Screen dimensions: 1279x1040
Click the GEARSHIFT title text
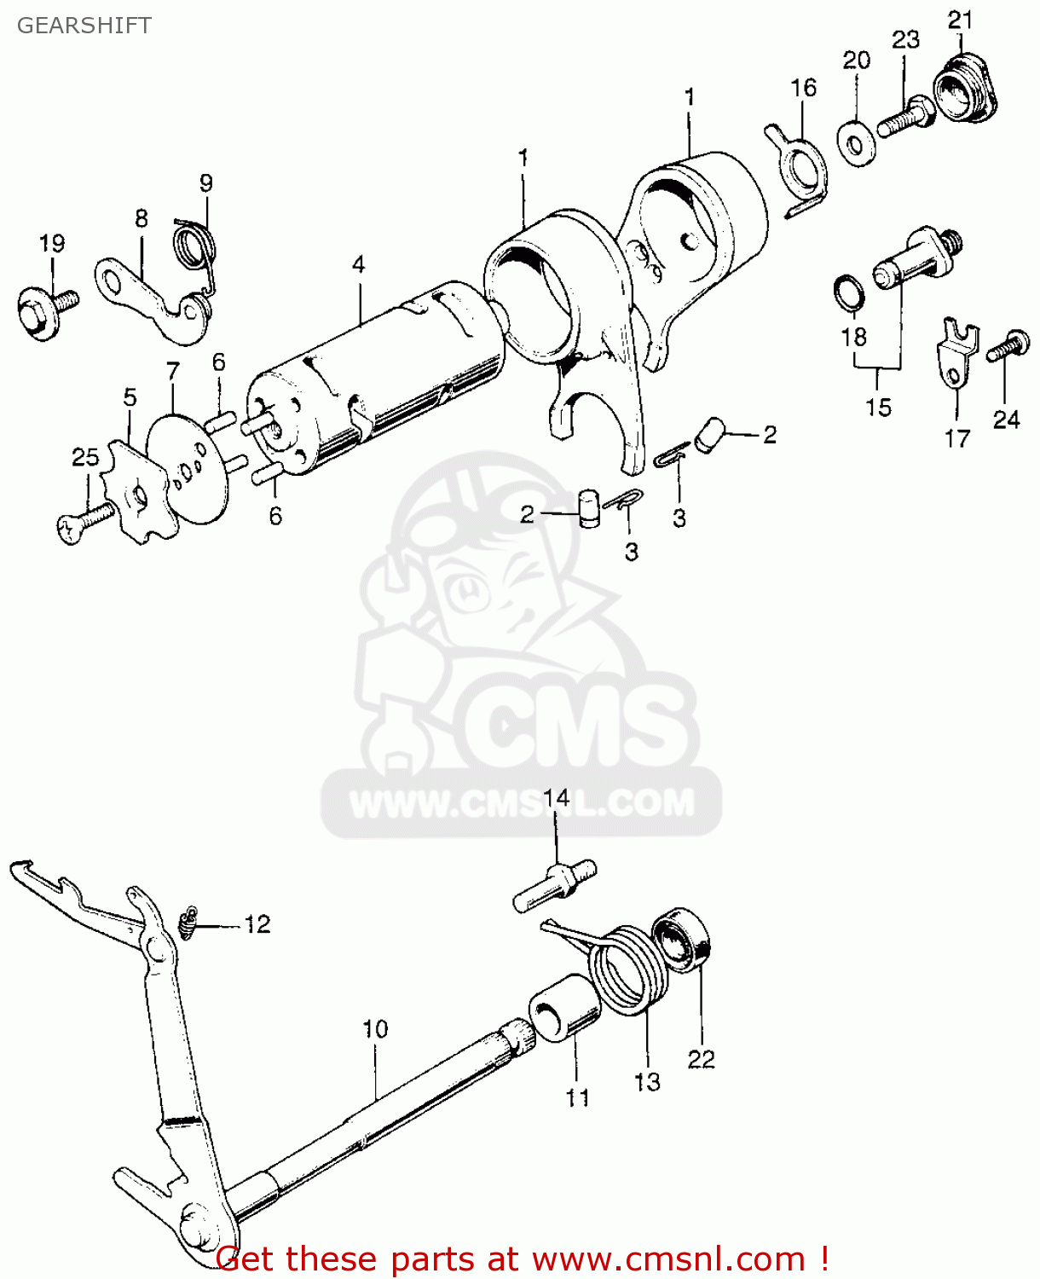pyautogui.click(x=84, y=26)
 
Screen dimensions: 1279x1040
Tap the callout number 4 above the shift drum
pyautogui.click(x=358, y=264)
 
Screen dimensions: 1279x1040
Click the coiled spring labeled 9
pyautogui.click(x=194, y=244)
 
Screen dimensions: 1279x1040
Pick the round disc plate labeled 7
pyautogui.click(x=188, y=470)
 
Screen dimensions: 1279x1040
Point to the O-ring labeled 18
pyautogui.click(x=849, y=293)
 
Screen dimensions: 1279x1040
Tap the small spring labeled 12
pyautogui.click(x=188, y=923)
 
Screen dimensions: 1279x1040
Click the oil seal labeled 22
pyautogui.click(x=683, y=940)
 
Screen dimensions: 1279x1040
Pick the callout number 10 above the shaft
pyautogui.click(x=375, y=1029)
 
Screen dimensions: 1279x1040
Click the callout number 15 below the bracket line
pyautogui.click(x=878, y=408)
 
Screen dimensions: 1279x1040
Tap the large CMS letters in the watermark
pyautogui.click(x=580, y=725)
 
